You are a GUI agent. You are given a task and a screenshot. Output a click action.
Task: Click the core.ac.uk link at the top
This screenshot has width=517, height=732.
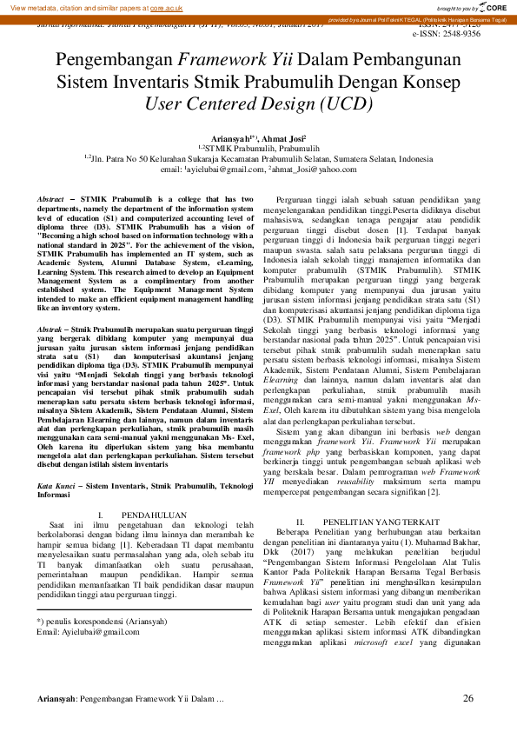pos(167,7)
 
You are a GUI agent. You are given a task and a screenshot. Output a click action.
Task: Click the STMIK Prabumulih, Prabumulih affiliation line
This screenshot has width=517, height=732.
pos(259,148)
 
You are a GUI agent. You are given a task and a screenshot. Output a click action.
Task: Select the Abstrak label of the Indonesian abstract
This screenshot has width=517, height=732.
pos(50,331)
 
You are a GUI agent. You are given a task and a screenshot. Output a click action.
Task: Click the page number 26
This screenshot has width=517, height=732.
pos(468,699)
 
